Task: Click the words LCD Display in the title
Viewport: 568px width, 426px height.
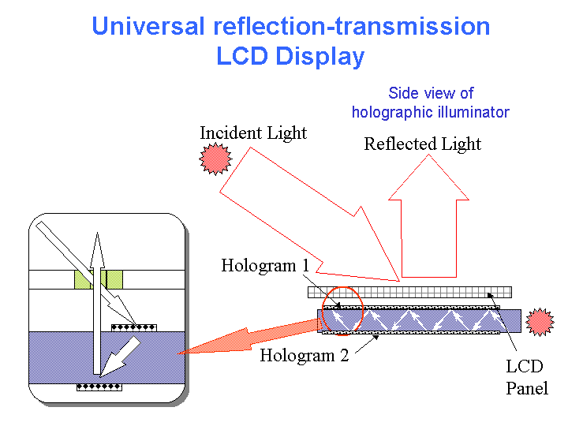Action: [x=290, y=57]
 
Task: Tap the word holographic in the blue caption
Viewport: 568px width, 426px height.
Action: [x=392, y=112]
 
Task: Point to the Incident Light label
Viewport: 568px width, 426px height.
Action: [x=252, y=133]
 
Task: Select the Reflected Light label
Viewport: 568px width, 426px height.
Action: [x=422, y=144]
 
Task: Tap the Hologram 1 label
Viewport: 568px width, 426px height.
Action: [x=264, y=265]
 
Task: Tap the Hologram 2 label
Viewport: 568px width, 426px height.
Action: [x=304, y=355]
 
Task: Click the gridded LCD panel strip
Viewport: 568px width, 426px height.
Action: [x=409, y=292]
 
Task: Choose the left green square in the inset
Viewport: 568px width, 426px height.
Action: [x=83, y=279]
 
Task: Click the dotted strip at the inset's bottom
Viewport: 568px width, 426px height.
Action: [x=99, y=387]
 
